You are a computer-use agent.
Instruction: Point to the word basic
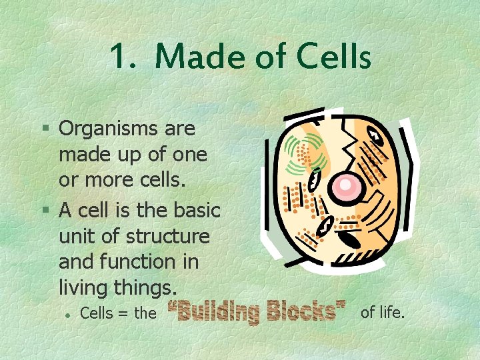(x=196, y=210)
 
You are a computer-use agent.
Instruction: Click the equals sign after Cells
(x=123, y=313)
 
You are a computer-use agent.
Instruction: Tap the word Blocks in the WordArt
(x=305, y=311)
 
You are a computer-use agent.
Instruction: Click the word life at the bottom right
(x=391, y=311)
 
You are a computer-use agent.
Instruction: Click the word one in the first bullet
(x=191, y=155)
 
